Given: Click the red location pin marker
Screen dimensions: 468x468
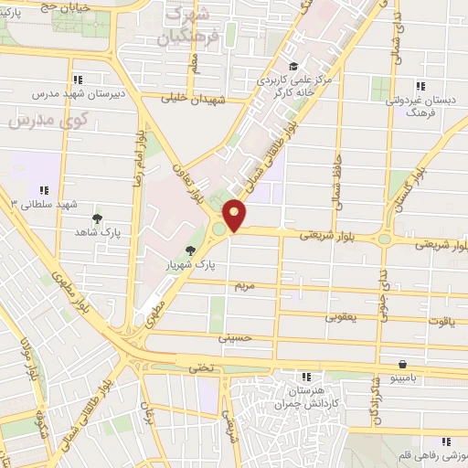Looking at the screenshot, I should coord(236,217).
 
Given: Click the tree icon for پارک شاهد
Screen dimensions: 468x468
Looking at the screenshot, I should coord(98,218).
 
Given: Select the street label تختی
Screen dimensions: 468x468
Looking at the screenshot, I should coord(198,367).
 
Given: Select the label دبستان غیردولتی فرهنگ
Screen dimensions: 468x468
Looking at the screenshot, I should coord(421,107).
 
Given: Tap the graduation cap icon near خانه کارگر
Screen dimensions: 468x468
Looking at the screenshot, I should coord(292,66).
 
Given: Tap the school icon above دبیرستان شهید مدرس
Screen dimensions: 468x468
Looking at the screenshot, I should coord(78,80).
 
